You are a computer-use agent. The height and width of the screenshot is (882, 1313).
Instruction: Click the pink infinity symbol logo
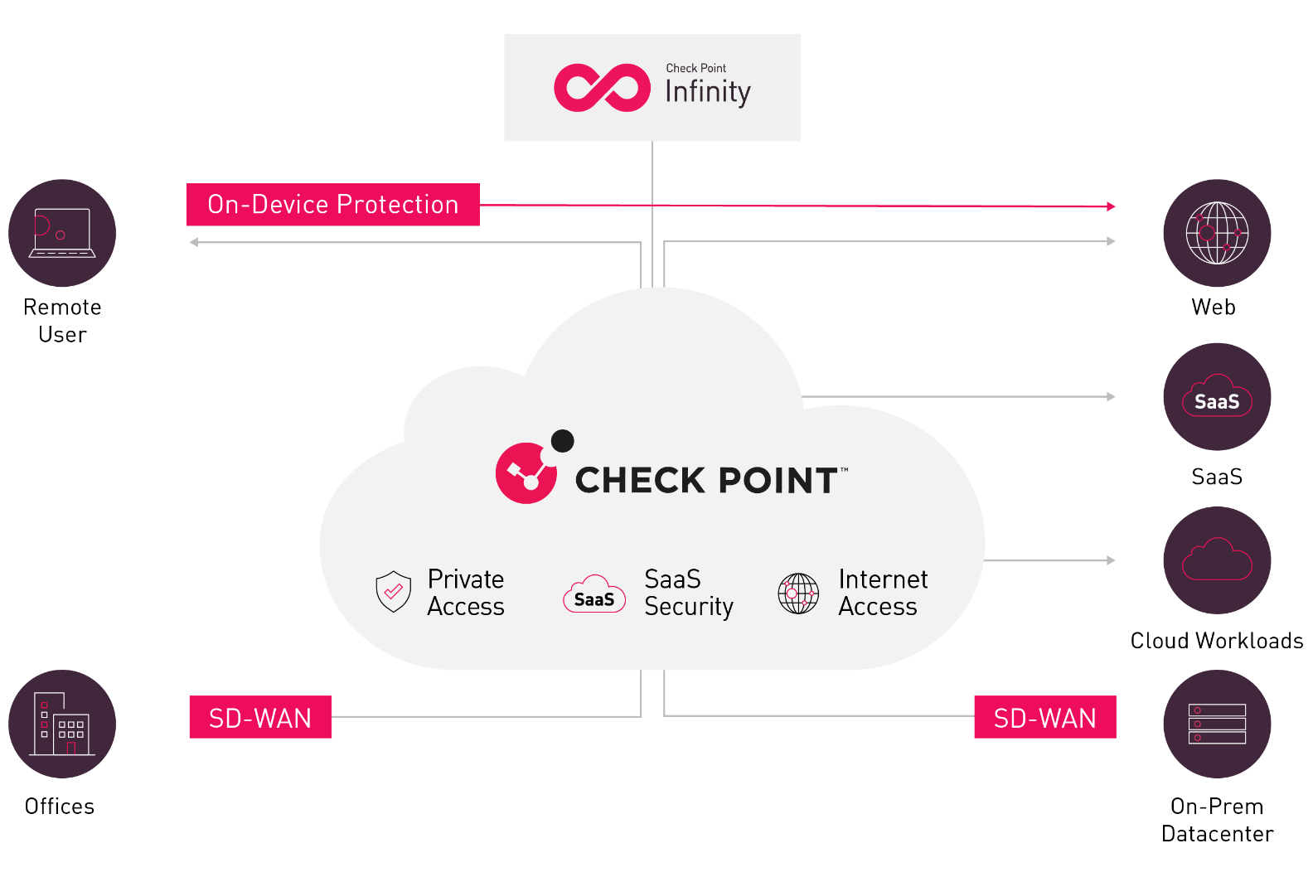pos(602,87)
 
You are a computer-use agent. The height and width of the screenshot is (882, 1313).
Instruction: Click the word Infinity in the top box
pos(707,92)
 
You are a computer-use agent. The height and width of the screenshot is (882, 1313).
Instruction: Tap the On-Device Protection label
pos(332,205)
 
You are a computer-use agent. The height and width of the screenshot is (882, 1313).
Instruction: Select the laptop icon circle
pos(62,233)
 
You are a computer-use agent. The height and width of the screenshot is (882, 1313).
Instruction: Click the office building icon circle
pos(62,724)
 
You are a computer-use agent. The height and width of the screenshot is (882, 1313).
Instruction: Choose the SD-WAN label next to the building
pos(260,717)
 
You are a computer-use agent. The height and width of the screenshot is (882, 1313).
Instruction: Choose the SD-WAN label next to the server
pos(1044,717)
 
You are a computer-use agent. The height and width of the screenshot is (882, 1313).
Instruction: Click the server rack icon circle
pos(1217,724)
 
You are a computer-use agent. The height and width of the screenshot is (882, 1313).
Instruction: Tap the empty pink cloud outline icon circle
pos(1217,560)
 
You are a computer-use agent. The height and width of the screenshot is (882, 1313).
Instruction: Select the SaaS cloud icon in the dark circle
pos(1217,397)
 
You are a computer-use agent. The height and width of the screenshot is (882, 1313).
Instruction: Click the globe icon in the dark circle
pos(1217,233)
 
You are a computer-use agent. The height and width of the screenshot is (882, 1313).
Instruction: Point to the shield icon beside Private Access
pos(393,592)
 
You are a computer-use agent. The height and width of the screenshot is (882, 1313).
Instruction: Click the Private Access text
pos(466,593)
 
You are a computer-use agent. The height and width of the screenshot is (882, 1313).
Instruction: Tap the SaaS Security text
pos(689,593)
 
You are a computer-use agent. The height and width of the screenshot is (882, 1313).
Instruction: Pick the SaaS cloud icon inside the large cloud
pos(594,594)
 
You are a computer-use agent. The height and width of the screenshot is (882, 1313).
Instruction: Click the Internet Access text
pos(883,593)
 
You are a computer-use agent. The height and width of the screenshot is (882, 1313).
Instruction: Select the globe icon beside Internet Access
pos(798,594)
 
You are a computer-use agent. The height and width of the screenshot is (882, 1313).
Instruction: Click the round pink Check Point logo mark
pos(527,472)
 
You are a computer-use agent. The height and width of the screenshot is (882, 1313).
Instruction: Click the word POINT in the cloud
pos(777,481)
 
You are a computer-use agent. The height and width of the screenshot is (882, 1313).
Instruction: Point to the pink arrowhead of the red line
pos(1111,206)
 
